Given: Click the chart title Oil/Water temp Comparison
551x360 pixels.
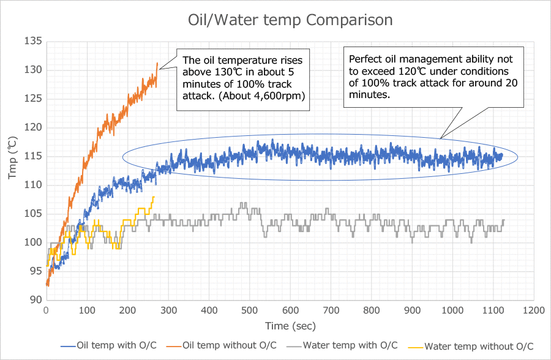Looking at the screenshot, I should tap(290, 20).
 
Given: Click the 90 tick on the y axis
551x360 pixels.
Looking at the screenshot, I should tap(36, 300).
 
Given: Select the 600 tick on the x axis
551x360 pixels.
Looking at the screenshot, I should tap(290, 310).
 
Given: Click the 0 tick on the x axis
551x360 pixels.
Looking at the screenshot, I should tap(47, 310).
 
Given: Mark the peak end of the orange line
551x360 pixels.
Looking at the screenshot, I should tap(157, 63).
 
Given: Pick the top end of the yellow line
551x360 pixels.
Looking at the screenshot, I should tap(154, 197).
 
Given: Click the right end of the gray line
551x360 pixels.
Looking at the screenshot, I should tap(504, 220).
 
